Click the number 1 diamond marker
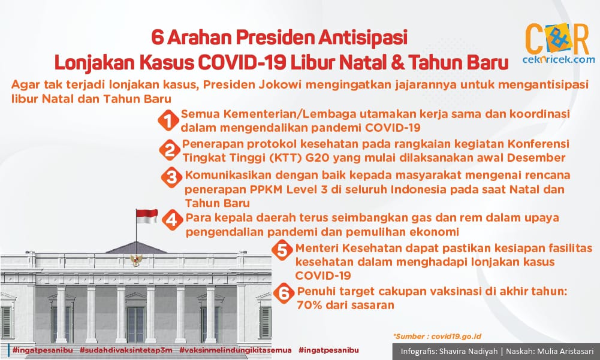click(168, 120)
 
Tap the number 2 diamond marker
click(170, 150)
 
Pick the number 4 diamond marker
click(173, 220)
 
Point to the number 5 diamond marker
click(282, 250)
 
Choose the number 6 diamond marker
click(284, 294)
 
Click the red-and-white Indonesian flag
click(147, 216)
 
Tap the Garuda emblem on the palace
click(136, 260)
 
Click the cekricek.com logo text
click(559, 59)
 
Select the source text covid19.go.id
click(456, 337)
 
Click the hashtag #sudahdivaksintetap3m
click(126, 350)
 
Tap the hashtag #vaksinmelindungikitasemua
click(236, 350)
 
